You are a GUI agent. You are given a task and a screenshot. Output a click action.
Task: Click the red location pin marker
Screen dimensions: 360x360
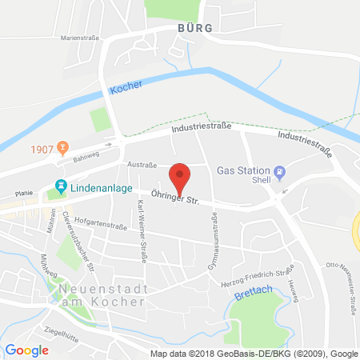click(181, 176)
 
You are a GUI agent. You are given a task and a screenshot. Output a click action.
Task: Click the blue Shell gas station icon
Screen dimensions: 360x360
click(279, 170)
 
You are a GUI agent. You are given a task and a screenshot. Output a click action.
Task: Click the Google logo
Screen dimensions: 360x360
click(26, 350)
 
